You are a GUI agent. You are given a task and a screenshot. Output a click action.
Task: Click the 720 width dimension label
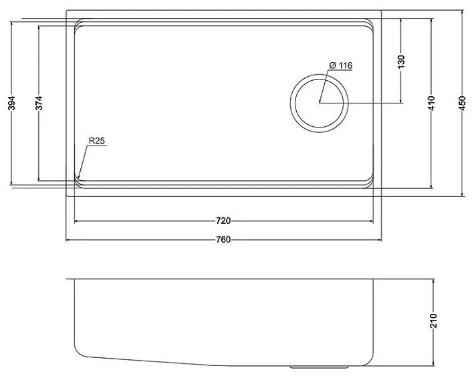pos(223,221)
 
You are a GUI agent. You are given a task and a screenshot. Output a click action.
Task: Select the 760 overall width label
pos(223,240)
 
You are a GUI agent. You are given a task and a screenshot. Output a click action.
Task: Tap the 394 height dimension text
pos(11,103)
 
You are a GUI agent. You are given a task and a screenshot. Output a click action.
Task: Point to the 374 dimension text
pos(39,103)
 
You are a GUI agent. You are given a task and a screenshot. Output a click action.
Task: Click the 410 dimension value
pos(431,103)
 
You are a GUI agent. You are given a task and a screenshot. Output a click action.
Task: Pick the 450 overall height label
pos(462,103)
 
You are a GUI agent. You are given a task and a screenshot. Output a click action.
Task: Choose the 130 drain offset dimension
pos(401,61)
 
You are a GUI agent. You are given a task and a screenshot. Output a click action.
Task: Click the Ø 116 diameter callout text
pos(340,65)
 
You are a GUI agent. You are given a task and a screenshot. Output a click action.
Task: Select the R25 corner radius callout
pos(96,141)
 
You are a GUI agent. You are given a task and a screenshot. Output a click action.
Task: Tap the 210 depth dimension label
pos(433,321)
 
